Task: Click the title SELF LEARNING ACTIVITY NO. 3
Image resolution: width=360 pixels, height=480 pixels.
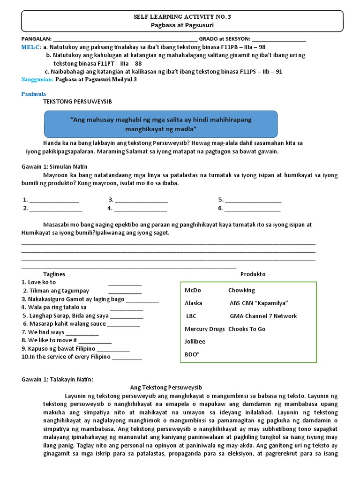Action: tap(183, 17)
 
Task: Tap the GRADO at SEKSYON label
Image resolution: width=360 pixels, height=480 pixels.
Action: tap(225, 39)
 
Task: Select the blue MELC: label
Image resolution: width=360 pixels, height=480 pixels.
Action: tap(31, 47)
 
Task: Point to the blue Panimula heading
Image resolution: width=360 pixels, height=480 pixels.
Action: tap(34, 94)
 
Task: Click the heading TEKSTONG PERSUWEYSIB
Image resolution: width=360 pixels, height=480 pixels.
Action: tap(77, 101)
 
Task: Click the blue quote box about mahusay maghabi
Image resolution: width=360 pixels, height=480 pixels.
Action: tap(161, 124)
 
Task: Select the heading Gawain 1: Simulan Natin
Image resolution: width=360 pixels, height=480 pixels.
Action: tap(55, 166)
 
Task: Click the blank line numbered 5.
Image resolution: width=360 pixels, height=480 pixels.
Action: tap(253, 200)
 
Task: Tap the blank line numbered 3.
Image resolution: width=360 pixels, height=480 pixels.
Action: tap(141, 200)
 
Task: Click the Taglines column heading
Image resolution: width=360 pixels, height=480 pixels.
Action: tap(54, 274)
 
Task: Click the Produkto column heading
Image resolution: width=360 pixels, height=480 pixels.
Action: tap(253, 274)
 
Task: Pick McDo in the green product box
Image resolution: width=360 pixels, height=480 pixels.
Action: tap(193, 290)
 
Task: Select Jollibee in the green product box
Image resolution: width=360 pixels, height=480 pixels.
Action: tap(195, 341)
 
